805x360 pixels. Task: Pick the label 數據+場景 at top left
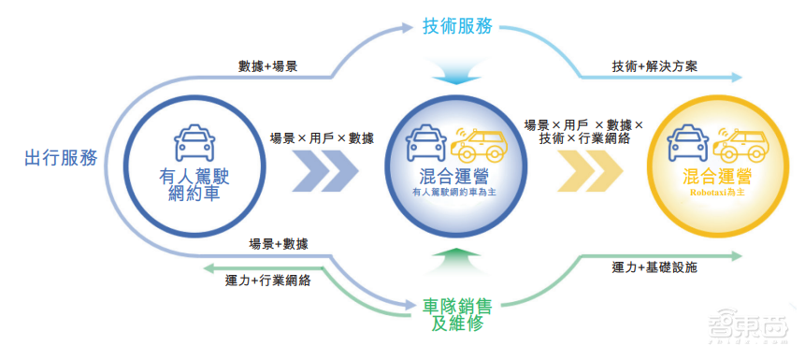(268, 66)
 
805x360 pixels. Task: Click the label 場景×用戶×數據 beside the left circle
(322, 137)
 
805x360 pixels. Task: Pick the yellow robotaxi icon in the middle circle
(478, 145)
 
